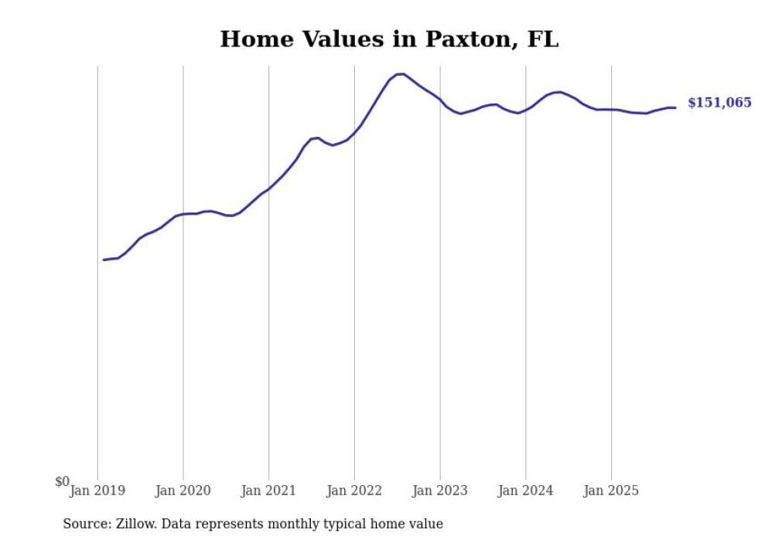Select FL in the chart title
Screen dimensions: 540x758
[x=542, y=39]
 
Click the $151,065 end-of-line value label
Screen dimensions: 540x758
[x=719, y=103]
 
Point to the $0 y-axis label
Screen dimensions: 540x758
[x=62, y=481]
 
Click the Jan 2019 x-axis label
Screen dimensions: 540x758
[x=97, y=491]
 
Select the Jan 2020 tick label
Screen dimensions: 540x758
[x=183, y=491]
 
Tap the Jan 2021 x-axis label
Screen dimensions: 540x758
[x=268, y=491]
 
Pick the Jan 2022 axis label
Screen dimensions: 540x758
[x=354, y=491]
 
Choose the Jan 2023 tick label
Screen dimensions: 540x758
[x=440, y=491]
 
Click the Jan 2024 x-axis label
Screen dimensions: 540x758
[x=526, y=491]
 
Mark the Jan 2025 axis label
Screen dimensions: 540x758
[x=611, y=491]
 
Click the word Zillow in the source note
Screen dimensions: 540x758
[x=134, y=524]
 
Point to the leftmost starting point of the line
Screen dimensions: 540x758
[x=104, y=260]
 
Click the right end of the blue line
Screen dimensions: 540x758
[x=675, y=107]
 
